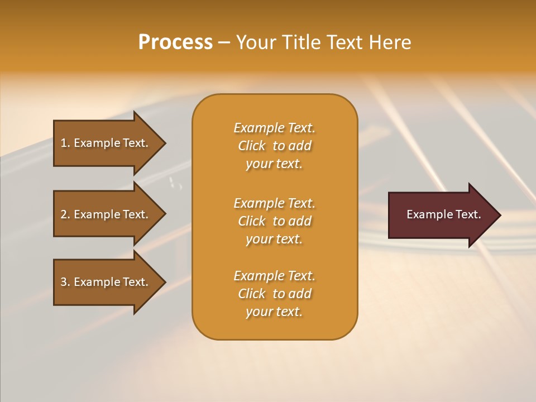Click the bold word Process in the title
pyautogui.click(x=175, y=42)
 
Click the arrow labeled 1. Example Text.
pyautogui.click(x=106, y=143)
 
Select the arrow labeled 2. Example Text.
pyautogui.click(x=106, y=214)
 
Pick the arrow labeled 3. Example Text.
pyautogui.click(x=106, y=282)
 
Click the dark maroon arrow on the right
pyautogui.click(x=441, y=215)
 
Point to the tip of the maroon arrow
pyautogui.click(x=499, y=215)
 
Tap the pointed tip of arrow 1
pyautogui.click(x=164, y=143)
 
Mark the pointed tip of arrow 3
pyautogui.click(x=164, y=282)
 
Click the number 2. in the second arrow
pyautogui.click(x=65, y=214)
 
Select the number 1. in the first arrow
pyautogui.click(x=65, y=143)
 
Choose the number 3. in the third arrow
pyautogui.click(x=65, y=282)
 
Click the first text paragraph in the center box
pyautogui.click(x=274, y=146)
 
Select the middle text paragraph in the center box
pyautogui.click(x=274, y=221)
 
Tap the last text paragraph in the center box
pyautogui.click(x=274, y=294)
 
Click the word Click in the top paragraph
pyautogui.click(x=251, y=146)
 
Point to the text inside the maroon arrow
pyautogui.click(x=443, y=214)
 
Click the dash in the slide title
pyautogui.click(x=224, y=42)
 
